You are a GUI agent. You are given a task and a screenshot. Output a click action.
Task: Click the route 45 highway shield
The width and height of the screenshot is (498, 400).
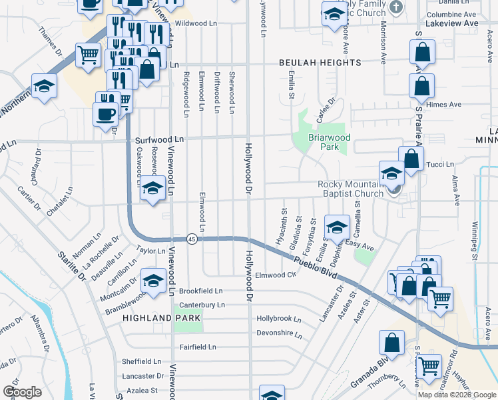pos(191,239)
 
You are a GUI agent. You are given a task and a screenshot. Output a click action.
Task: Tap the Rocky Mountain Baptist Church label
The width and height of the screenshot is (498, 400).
pos(350,189)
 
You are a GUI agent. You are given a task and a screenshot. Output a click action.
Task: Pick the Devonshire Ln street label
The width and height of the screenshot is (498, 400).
pos(279,332)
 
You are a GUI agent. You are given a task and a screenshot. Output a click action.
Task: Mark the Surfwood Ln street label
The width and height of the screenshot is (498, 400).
pos(158,140)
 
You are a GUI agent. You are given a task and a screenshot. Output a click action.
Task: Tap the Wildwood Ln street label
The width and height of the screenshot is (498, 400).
pos(196,23)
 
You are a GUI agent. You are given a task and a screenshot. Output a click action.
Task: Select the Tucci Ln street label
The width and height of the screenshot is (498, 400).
pos(439,164)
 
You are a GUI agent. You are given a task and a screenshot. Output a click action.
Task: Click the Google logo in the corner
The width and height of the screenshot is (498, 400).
pos(22,392)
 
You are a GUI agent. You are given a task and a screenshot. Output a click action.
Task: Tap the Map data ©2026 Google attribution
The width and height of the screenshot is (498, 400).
pos(457,395)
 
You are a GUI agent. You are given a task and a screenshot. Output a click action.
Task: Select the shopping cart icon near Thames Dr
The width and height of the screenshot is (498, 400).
pos(88,55)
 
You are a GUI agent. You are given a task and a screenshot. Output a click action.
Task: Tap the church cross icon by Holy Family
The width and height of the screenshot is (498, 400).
pos(396,7)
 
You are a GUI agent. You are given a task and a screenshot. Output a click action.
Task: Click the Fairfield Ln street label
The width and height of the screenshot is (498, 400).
pos(198,347)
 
